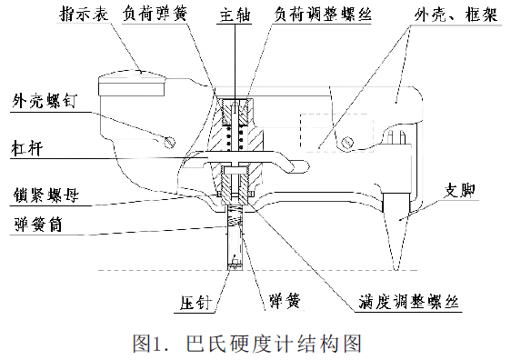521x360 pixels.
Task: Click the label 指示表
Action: click(x=85, y=15)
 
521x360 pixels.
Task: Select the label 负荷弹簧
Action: click(x=159, y=15)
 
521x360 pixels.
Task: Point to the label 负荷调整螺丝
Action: click(x=315, y=15)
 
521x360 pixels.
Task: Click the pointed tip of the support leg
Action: click(x=396, y=267)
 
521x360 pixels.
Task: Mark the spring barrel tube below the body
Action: click(x=236, y=241)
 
